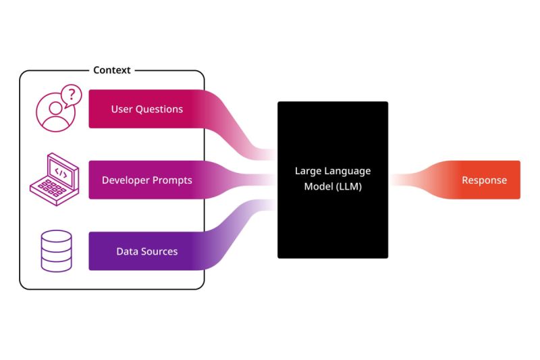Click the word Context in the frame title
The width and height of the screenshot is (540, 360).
pos(112,70)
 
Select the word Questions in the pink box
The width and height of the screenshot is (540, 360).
pos(159,109)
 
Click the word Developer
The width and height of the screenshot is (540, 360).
pos(126,180)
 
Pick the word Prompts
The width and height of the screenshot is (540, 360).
pos(172,180)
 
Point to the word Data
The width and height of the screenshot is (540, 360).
pos(126,251)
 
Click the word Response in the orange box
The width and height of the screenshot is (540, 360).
pos(484,180)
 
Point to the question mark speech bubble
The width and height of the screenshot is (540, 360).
pos(72,95)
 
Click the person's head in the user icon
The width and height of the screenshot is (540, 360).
pos(55,108)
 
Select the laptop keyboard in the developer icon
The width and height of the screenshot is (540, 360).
pos(52,190)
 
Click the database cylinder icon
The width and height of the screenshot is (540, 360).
pos(57,251)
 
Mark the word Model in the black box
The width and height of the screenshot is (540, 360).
pos(315,186)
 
